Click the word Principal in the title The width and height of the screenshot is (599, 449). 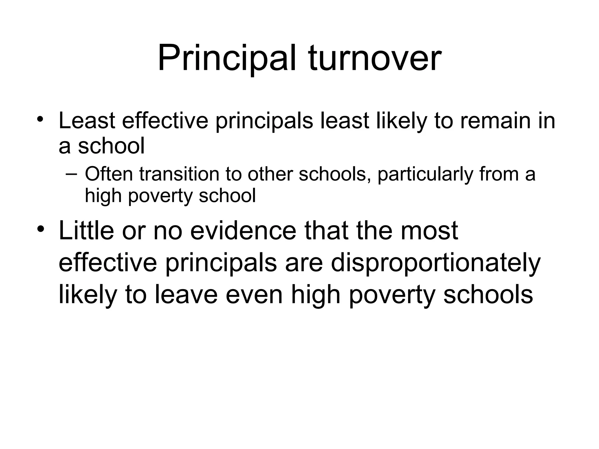pyautogui.click(x=227, y=58)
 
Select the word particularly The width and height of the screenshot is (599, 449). pyautogui.click(x=425, y=175)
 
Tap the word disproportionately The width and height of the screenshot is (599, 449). pyautogui.click(x=436, y=263)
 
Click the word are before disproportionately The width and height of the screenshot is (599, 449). pyautogui.click(x=304, y=263)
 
